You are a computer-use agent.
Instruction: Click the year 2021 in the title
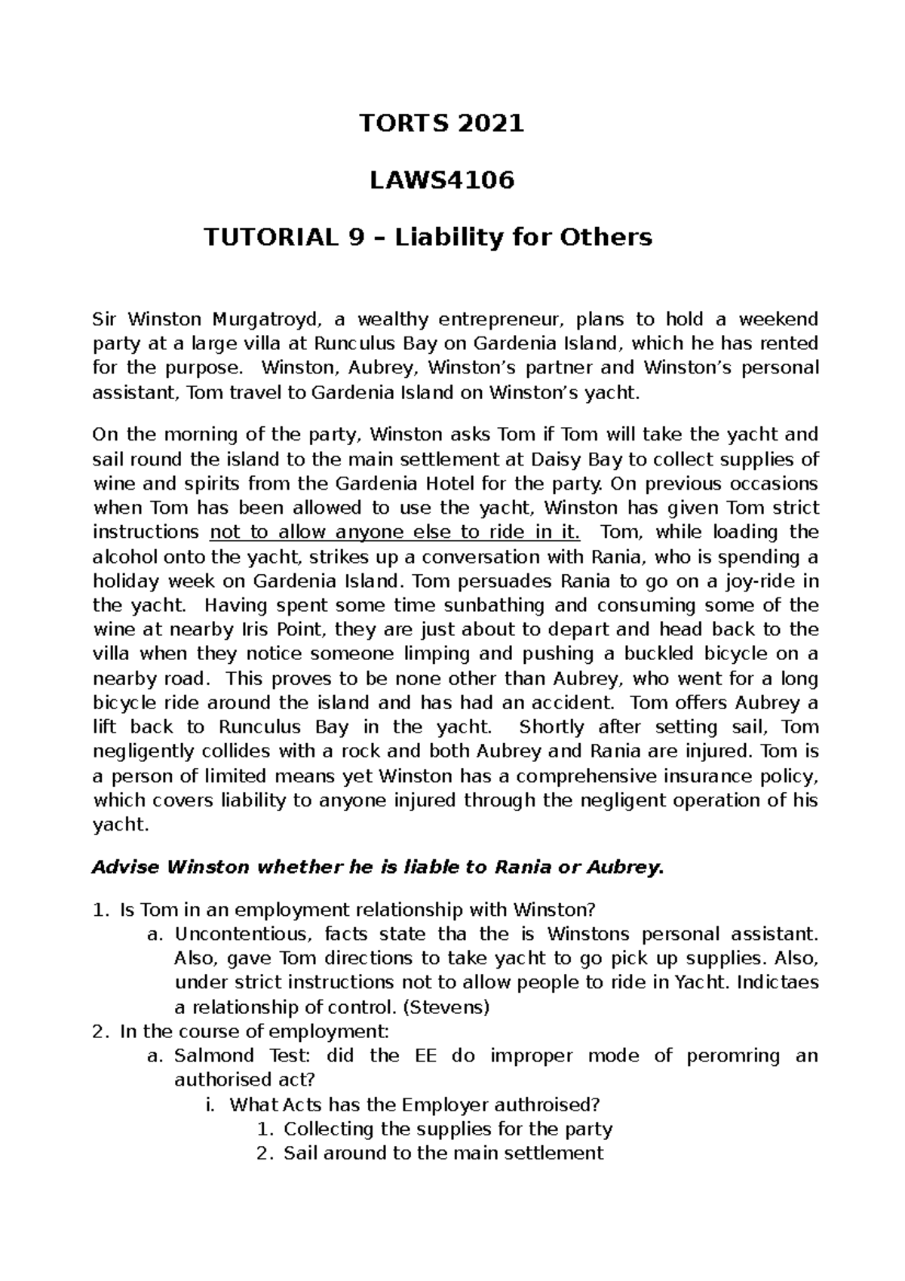tap(492, 123)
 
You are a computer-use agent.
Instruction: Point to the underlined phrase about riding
tap(395, 532)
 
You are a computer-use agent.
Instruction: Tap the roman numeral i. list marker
tap(210, 1104)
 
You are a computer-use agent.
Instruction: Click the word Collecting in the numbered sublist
tap(329, 1129)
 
